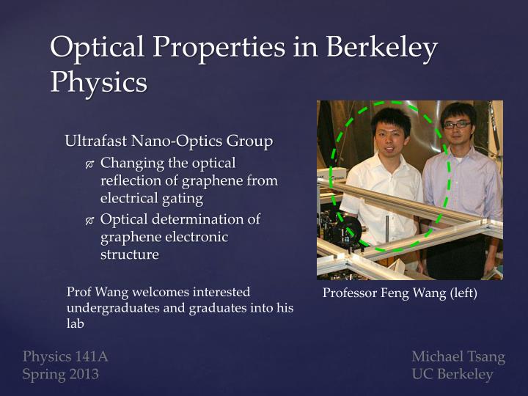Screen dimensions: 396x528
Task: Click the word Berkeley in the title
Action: click(x=383, y=48)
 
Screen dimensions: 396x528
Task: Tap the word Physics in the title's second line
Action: click(x=98, y=81)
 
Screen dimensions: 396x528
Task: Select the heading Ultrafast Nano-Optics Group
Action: click(x=169, y=140)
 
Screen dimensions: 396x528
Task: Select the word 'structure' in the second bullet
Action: click(x=129, y=254)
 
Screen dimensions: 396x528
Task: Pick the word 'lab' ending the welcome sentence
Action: click(x=76, y=323)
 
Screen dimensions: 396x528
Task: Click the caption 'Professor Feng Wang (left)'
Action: click(x=400, y=294)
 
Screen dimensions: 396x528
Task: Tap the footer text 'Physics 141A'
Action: click(x=65, y=357)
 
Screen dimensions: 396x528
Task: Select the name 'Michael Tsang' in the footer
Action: click(x=458, y=357)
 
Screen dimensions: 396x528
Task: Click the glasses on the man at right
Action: click(x=457, y=125)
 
